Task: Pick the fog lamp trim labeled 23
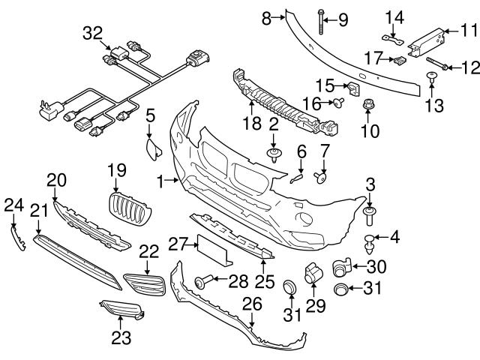click(120, 310)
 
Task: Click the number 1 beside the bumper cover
click(160, 180)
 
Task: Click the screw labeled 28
click(203, 281)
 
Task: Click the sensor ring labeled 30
click(342, 265)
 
